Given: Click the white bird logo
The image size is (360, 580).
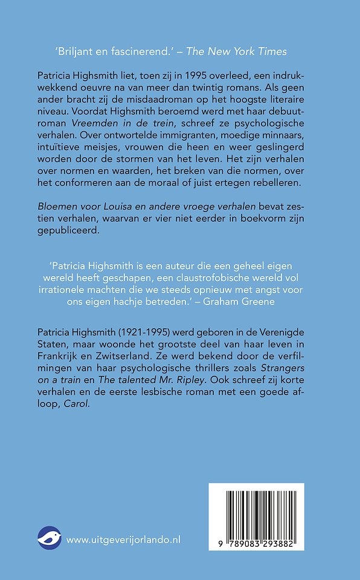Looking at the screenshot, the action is pos(50,539).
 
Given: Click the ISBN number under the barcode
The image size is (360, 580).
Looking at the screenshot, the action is pos(257,544).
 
